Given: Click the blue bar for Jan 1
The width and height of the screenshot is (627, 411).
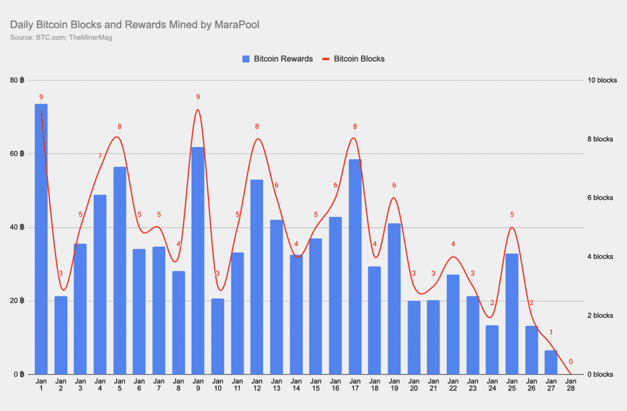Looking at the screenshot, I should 41,239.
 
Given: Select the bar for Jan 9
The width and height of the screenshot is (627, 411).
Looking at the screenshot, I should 198,260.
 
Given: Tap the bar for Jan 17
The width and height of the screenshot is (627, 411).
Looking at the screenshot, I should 355,267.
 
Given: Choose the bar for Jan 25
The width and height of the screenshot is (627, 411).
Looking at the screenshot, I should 511,314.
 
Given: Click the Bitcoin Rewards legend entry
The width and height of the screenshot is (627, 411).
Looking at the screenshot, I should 277,59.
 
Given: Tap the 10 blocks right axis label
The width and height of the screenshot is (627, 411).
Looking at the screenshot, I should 601,80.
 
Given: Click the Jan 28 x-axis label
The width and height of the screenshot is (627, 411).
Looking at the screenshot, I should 571,385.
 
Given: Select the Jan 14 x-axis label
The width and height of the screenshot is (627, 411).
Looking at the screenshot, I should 296,385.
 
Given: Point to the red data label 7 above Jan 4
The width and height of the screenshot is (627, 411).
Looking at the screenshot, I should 100,156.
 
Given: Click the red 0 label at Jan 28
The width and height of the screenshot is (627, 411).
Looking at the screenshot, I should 571,362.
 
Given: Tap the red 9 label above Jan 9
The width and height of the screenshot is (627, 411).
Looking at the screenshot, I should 198,97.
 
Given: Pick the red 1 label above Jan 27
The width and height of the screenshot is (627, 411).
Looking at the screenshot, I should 551,332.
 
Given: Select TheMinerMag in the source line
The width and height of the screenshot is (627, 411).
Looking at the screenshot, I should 90,38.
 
